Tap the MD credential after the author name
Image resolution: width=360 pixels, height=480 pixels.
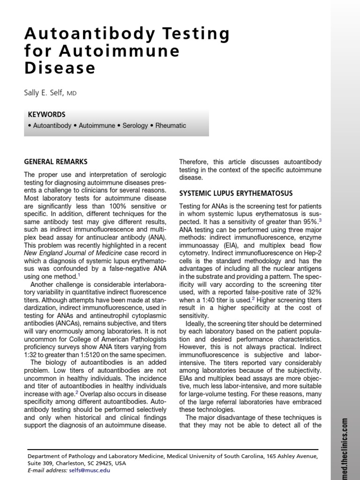click(x=71, y=94)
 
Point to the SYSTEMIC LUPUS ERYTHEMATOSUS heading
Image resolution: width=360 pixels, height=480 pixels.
click(x=236, y=193)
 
